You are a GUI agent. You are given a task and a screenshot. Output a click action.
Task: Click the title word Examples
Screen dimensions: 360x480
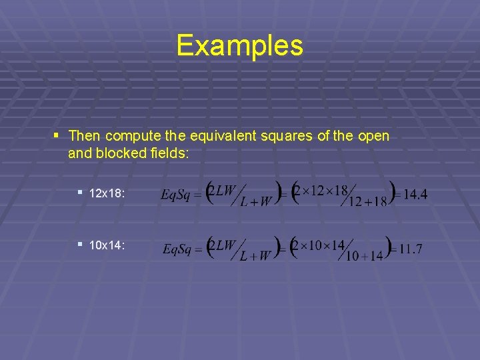click(240, 45)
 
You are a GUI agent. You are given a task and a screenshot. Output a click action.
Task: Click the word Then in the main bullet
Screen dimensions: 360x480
click(85, 136)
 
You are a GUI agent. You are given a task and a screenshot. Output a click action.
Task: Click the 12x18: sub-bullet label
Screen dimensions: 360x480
click(109, 193)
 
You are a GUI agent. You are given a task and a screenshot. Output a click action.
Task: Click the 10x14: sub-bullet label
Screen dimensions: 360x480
click(109, 245)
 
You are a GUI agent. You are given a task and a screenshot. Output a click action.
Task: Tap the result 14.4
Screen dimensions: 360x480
click(415, 195)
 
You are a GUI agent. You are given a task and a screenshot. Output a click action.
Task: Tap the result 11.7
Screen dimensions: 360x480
click(410, 249)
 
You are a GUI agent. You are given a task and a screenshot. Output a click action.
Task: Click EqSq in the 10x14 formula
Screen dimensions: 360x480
click(178, 250)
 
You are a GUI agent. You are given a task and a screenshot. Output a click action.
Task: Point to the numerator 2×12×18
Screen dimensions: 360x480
click(323, 191)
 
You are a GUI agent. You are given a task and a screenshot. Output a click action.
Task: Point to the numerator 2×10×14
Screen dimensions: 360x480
click(321, 245)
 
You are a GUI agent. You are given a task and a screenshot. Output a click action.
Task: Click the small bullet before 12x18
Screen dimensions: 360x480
click(79, 192)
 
